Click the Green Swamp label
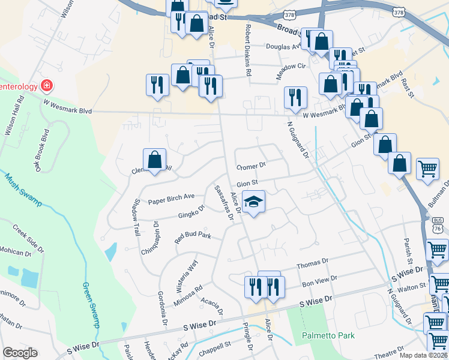point(91,304)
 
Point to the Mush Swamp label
point(23,188)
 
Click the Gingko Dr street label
point(191,212)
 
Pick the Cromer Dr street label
point(251,166)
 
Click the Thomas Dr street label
point(313,263)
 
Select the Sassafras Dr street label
point(223,202)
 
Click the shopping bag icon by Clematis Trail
point(154,160)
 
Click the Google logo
point(20,353)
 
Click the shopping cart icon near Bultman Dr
point(427,170)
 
